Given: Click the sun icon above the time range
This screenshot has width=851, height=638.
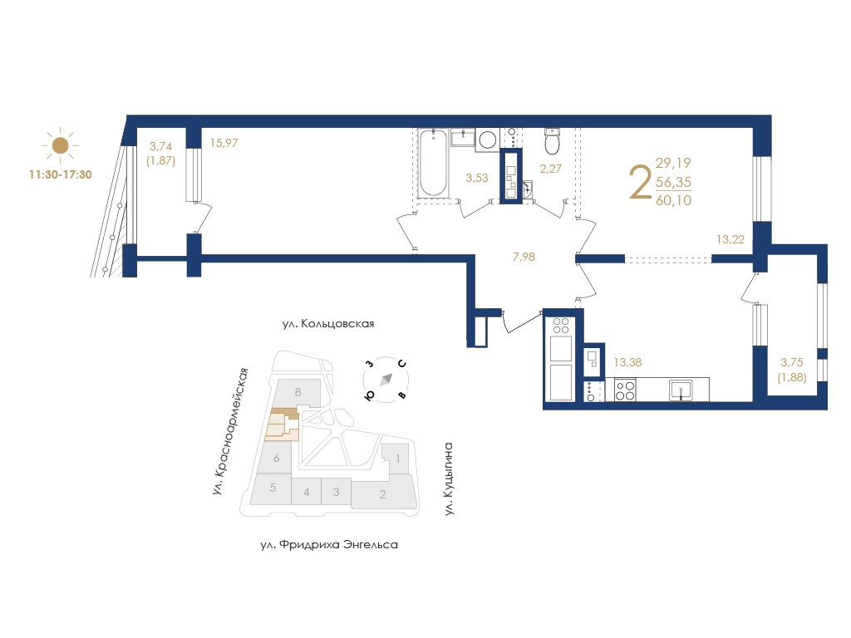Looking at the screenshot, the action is (x=60, y=145).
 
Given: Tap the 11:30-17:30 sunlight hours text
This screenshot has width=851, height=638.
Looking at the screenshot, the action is (x=60, y=174).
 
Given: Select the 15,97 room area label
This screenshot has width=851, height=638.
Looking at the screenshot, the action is (x=224, y=143).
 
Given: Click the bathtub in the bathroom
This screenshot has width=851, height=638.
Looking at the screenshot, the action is (x=433, y=162).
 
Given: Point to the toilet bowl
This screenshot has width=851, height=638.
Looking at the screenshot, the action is (x=553, y=141).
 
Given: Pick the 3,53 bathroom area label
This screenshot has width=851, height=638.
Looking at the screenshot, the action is (x=476, y=178).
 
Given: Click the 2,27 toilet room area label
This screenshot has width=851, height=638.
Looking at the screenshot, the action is (x=550, y=169).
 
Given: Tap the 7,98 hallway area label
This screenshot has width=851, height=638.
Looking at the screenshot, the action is (x=524, y=257).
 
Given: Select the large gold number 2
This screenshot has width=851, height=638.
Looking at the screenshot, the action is (x=641, y=182).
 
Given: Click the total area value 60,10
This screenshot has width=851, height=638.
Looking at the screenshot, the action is (x=673, y=200).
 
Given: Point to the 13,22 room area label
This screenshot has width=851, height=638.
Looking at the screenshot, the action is (x=730, y=239).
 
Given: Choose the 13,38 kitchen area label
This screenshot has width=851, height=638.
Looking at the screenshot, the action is (x=627, y=362).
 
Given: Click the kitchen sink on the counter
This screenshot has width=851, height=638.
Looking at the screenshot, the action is (x=681, y=390).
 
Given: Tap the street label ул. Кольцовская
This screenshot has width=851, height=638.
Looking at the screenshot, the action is (x=328, y=324).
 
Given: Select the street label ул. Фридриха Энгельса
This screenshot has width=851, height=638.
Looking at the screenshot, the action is (x=329, y=545).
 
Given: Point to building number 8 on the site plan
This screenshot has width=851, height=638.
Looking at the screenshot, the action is (x=298, y=392).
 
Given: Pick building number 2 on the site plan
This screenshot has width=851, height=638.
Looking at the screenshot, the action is (x=382, y=494).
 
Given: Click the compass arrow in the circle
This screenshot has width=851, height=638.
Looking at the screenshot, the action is (x=386, y=379).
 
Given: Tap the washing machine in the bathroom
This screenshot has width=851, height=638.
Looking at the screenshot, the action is (x=487, y=140).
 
